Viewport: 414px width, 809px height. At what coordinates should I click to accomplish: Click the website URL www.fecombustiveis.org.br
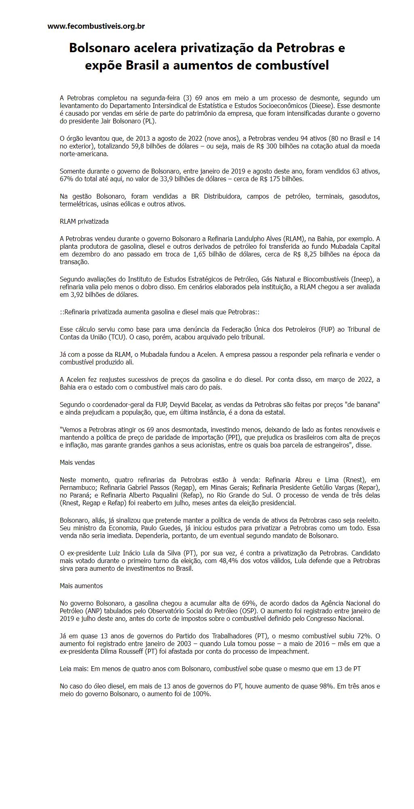coord(96,26)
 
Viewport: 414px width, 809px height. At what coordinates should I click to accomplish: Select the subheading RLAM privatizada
coord(84,221)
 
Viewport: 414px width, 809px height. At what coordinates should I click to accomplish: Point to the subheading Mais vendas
coord(77,462)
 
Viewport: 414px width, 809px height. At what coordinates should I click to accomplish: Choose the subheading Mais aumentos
coord(81,586)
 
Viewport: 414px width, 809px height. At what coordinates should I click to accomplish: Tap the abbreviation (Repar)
coord(368,487)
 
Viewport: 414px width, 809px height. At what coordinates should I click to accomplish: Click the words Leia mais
coord(74,669)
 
